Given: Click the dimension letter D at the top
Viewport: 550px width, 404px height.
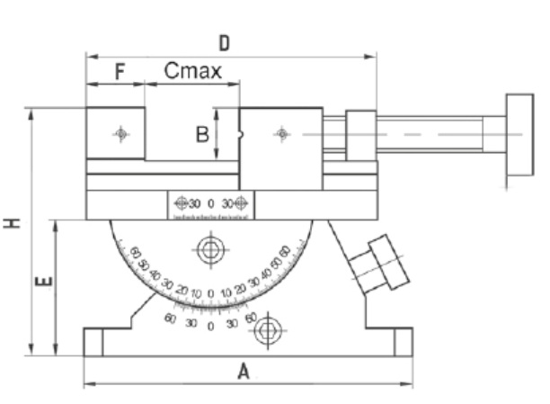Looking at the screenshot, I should coord(225,42).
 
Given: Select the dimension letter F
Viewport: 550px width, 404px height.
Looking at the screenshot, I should coord(118,72).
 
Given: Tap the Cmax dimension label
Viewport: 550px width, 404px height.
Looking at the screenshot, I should coord(192,71).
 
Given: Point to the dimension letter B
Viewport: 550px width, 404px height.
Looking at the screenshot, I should coord(202,134).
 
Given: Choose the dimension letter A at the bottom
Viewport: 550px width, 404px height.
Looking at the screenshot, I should coord(243,371).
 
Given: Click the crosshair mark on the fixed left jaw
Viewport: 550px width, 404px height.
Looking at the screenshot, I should coord(121,134).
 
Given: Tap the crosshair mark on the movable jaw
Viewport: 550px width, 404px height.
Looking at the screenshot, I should coord(282,134).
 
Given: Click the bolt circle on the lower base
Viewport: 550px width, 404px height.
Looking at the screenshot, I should coord(266,332).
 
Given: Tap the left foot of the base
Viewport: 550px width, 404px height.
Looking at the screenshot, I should coord(93,342).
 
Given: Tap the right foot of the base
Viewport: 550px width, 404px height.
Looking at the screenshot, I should coord(402,342).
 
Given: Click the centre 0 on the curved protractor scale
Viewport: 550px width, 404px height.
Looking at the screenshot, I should coord(210,293).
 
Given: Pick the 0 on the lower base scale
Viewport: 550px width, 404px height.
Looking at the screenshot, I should coord(210,325).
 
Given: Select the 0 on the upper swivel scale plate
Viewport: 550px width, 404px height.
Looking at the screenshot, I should coord(210,203).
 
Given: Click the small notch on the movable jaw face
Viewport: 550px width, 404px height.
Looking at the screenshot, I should coord(242,137).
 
